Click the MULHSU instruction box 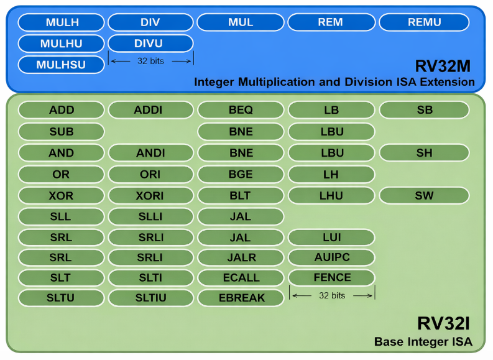tap(61, 65)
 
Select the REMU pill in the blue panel tap(424, 22)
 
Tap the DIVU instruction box tap(151, 44)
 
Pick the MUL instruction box tap(241, 22)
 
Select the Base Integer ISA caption tap(423, 342)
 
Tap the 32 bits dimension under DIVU tap(150, 61)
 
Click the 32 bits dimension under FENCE tap(332, 295)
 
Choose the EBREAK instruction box tap(241, 298)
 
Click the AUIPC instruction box tap(332, 257)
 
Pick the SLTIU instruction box tap(151, 298)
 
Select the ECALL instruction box tap(241, 277)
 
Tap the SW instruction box tap(424, 195)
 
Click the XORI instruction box tap(151, 195)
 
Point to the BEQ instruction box tap(241, 110)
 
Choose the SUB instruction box tap(61, 132)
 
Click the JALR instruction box tap(241, 257)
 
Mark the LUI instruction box tap(332, 238)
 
